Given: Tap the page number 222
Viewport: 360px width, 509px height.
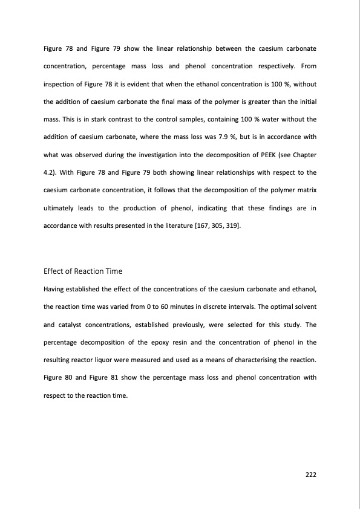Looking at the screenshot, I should [x=310, y=474].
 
